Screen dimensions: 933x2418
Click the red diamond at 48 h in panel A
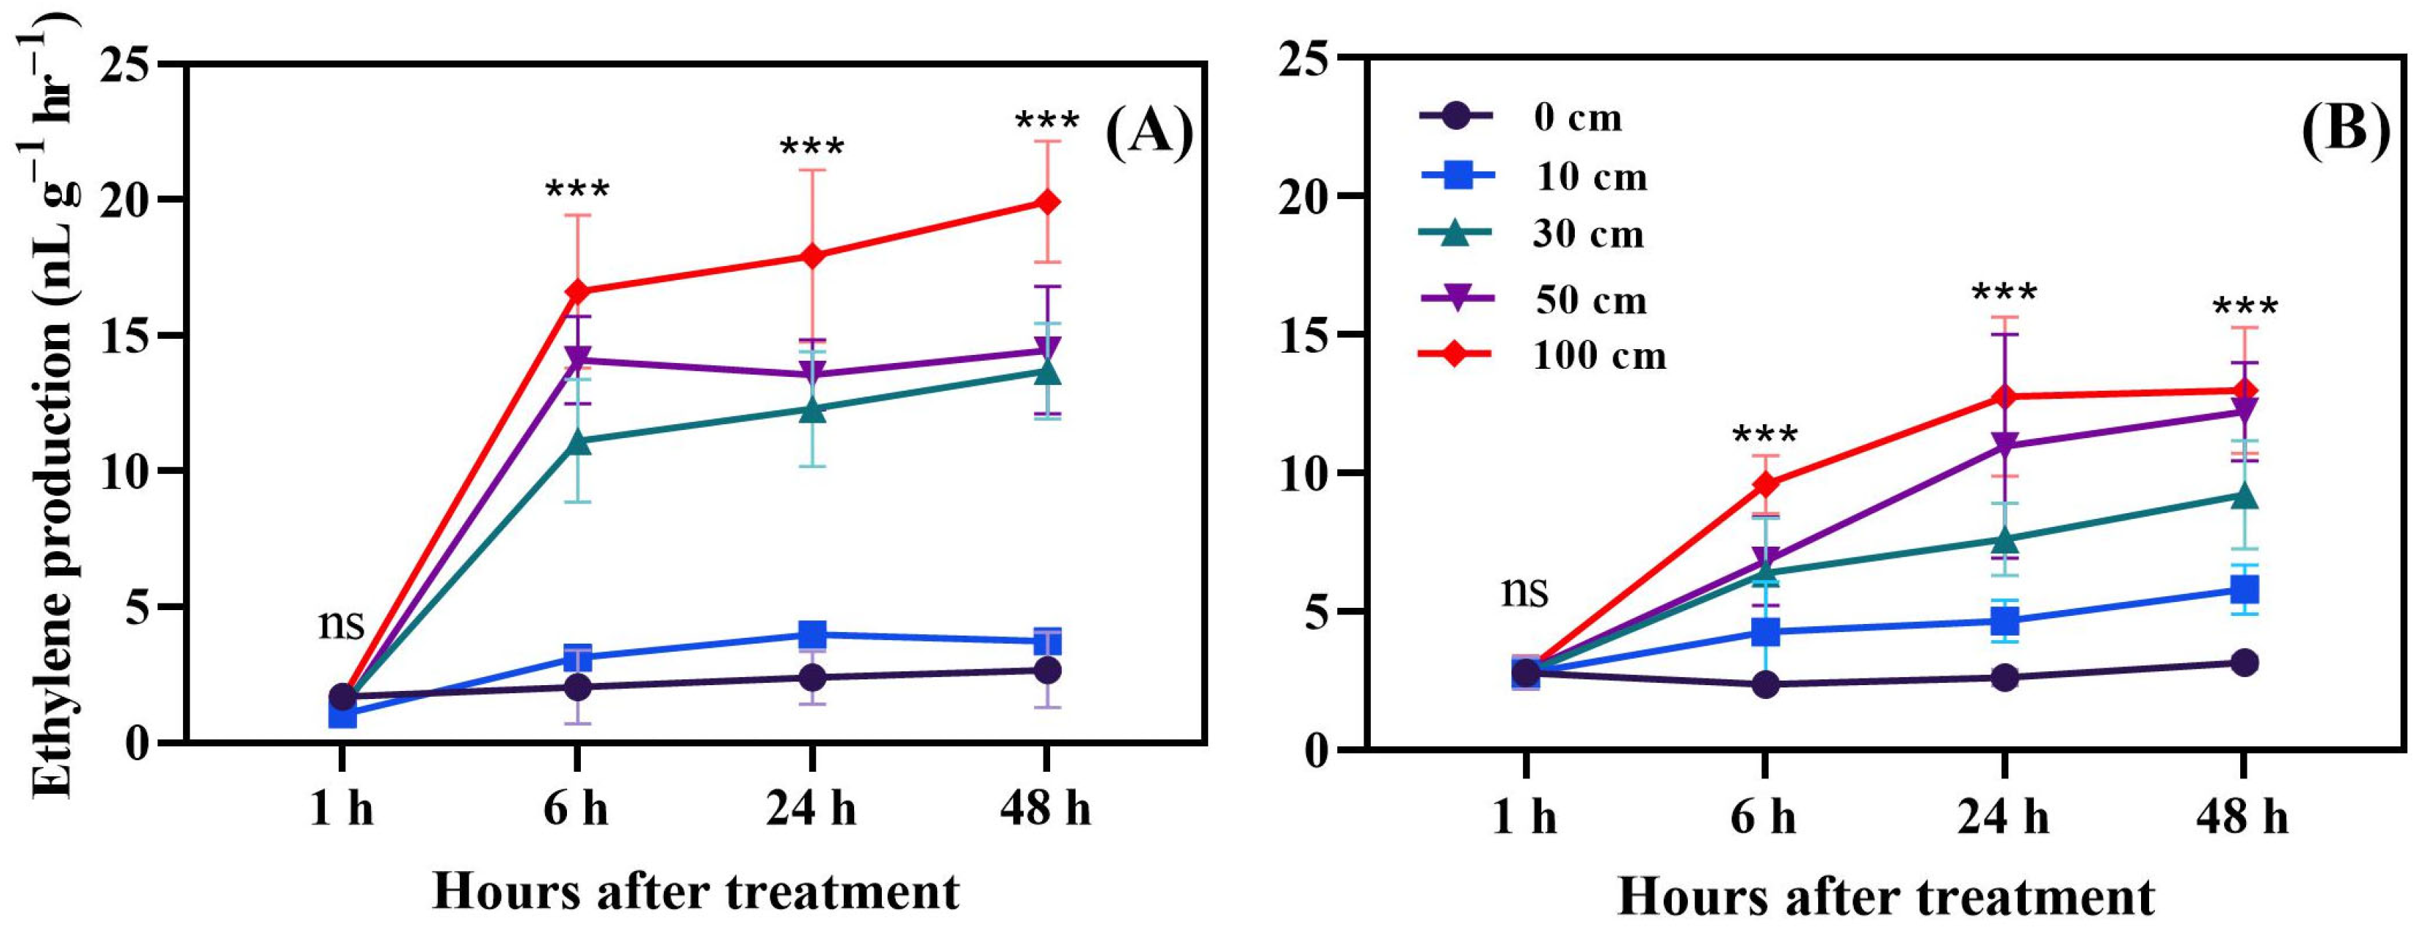tap(1046, 203)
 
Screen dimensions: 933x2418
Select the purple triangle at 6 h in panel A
tap(577, 359)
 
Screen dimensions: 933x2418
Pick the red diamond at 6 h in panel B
tap(1766, 484)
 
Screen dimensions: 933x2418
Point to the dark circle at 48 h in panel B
tap(2243, 663)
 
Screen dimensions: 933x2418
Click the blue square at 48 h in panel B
tap(2243, 590)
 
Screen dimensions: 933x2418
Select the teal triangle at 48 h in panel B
tap(2243, 495)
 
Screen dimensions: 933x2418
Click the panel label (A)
tap(1148, 133)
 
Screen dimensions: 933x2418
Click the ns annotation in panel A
tap(341, 622)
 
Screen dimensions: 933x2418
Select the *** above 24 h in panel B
tap(2004, 294)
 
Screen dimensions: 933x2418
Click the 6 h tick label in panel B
tap(1764, 818)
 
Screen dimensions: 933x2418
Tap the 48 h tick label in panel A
tap(1046, 808)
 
